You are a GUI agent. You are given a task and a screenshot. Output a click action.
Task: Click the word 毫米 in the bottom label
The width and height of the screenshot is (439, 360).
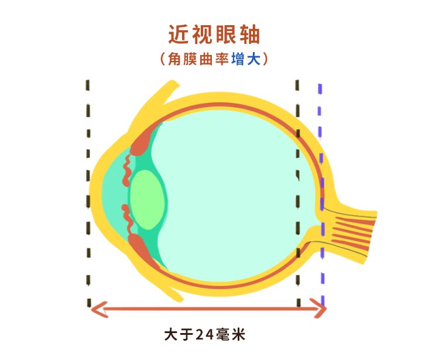point(231,335)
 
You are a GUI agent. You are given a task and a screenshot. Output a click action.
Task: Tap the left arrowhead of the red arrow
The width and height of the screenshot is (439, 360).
point(97,309)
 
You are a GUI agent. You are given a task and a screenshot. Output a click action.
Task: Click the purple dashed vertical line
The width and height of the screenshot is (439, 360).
point(321,176)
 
